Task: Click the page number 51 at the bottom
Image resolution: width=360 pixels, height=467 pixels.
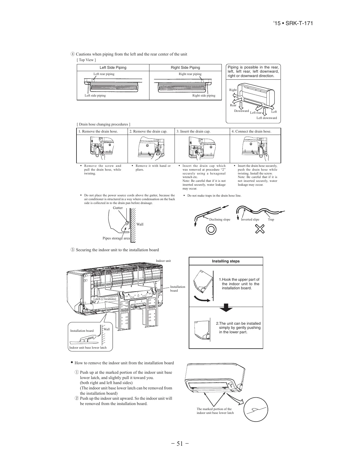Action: tap(180, 443)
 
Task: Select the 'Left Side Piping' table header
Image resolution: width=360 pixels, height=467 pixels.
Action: tap(113, 68)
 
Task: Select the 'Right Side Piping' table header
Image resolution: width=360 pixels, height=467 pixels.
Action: tap(185, 68)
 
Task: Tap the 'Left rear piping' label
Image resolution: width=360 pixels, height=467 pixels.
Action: tap(104, 74)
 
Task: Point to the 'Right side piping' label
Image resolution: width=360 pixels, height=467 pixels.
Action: tap(204, 96)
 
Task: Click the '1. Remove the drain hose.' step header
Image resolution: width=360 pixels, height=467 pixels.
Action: tap(98, 131)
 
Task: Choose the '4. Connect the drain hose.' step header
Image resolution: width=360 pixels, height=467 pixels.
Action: tap(251, 131)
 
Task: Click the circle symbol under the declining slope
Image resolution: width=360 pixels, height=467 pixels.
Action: tap(211, 229)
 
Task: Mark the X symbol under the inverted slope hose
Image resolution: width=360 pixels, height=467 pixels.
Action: tap(260, 229)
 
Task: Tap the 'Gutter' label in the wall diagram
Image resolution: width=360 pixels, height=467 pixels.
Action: tap(118, 208)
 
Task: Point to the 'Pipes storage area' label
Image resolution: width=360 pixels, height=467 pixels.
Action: tap(116, 238)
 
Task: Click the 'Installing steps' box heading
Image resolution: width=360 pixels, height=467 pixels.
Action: tap(226, 261)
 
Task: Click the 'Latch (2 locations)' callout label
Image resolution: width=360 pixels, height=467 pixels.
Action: tap(105, 299)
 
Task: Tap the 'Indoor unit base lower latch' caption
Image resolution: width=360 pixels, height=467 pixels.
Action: tap(88, 348)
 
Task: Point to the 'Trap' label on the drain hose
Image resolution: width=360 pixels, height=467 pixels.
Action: tap(271, 220)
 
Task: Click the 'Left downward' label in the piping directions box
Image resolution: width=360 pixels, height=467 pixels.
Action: tap(267, 118)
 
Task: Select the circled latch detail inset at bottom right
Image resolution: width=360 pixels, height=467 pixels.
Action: tap(256, 410)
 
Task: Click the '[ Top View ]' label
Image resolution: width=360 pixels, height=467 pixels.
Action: tap(86, 60)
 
